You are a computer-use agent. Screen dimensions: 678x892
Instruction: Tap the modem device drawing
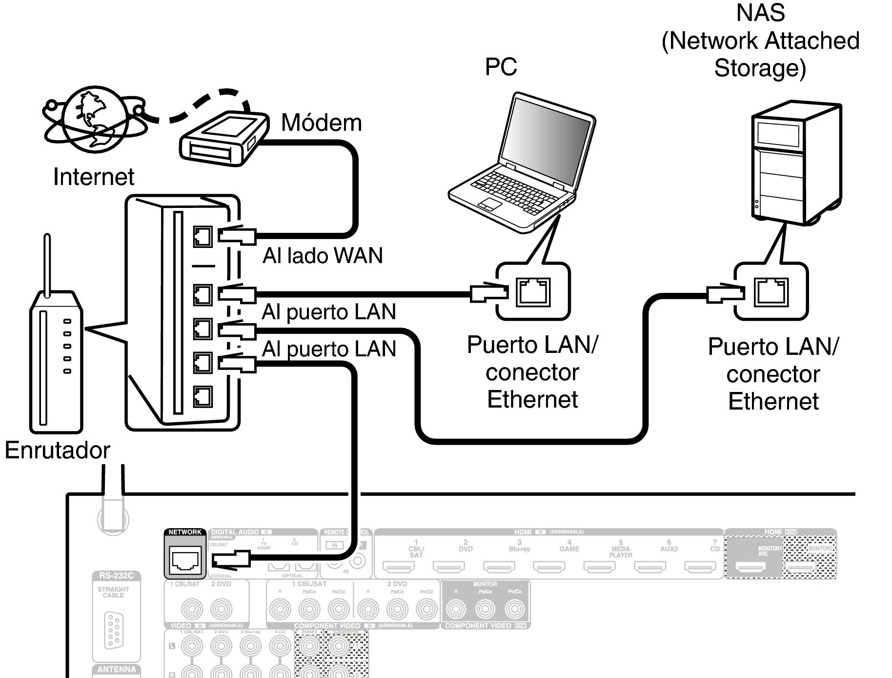[223, 140]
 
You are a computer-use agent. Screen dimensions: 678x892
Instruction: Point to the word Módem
[322, 123]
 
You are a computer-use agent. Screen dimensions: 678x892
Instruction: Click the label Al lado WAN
[323, 256]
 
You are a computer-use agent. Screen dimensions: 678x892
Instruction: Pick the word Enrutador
[58, 450]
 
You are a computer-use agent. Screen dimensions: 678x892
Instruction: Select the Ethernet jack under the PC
[533, 291]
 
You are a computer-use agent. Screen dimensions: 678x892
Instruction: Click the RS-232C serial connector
[114, 630]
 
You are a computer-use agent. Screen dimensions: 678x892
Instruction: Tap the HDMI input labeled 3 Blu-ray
[499, 567]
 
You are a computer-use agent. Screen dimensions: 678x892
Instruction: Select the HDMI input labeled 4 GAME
[549, 567]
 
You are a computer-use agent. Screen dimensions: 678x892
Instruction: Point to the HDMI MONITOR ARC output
[750, 568]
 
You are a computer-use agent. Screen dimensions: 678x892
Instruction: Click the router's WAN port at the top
[203, 237]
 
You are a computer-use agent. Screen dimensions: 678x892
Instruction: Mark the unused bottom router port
[203, 396]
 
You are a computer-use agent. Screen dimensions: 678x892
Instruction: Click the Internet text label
[93, 177]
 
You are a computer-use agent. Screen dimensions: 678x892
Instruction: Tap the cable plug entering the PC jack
[488, 292]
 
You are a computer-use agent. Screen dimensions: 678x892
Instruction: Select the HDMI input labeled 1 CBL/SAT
[399, 567]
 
